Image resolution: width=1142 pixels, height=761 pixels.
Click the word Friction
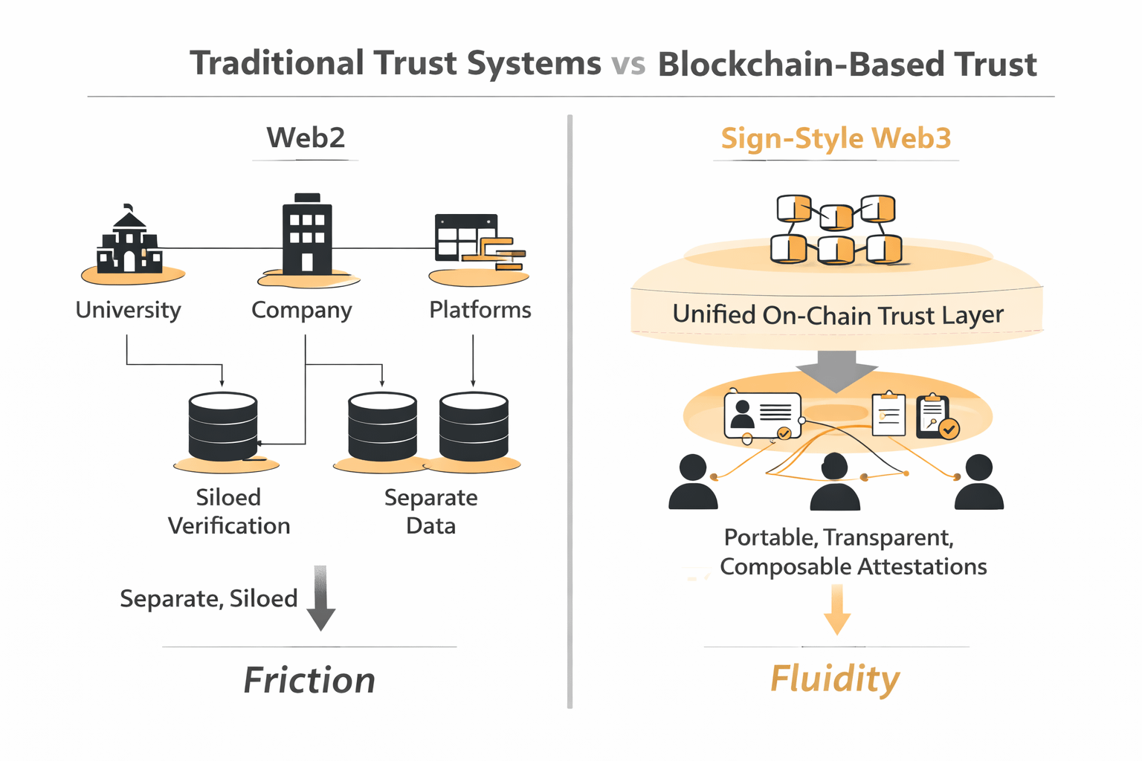[309, 680]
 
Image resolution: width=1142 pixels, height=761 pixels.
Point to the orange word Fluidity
[834, 679]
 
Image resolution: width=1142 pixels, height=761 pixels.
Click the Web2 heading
[306, 137]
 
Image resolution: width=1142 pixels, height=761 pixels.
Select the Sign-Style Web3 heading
[836, 138]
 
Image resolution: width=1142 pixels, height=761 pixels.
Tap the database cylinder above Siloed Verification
[223, 427]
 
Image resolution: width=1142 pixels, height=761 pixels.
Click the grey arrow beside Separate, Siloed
[320, 598]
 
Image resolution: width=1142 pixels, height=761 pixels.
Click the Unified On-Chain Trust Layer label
[838, 315]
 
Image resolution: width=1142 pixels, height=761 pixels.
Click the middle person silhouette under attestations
[835, 482]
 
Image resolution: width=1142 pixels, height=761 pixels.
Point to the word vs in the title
[629, 65]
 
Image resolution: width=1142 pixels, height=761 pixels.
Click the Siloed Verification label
[229, 511]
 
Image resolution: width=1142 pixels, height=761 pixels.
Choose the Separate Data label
[431, 511]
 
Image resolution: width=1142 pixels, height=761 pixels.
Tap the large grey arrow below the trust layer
[836, 370]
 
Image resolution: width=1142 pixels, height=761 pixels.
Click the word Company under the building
[301, 310]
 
